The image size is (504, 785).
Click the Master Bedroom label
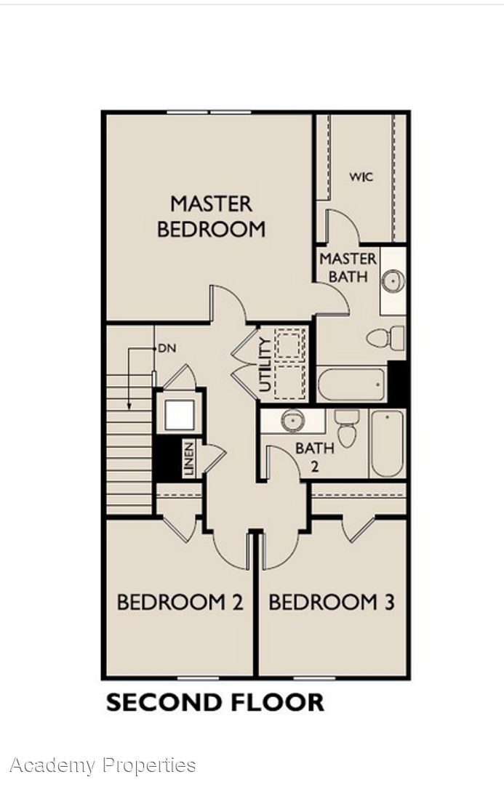click(x=211, y=217)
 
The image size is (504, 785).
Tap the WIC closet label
click(x=361, y=177)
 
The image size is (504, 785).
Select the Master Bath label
click(x=348, y=267)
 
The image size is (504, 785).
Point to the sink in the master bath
click(x=393, y=281)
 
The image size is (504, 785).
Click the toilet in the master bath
click(x=385, y=338)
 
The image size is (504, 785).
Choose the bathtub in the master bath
click(x=352, y=385)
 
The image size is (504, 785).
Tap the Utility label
click(x=265, y=364)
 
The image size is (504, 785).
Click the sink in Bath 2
click(x=293, y=421)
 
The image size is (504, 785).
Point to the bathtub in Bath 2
click(x=387, y=443)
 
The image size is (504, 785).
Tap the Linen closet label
click(x=189, y=459)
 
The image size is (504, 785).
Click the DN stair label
click(x=167, y=348)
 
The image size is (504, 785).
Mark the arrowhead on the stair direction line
click(x=129, y=406)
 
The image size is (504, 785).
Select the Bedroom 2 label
click(x=180, y=602)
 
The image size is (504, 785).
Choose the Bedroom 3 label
click(x=332, y=602)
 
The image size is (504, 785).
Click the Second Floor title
click(x=215, y=702)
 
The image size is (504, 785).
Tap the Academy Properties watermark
click(x=103, y=765)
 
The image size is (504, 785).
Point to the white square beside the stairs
click(x=179, y=415)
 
